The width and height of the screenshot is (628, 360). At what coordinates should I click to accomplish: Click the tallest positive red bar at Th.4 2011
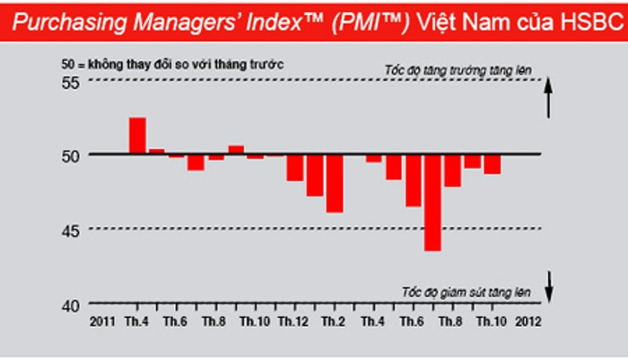coord(137,136)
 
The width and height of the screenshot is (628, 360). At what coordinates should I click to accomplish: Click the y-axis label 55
coord(71,83)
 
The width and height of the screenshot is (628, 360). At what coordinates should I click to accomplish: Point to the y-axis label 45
coord(71,230)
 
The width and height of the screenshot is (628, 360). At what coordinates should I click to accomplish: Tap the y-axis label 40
coord(71,303)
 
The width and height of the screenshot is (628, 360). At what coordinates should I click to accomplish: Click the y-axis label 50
coord(71,155)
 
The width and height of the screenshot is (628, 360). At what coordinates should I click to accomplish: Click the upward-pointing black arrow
coord(550,98)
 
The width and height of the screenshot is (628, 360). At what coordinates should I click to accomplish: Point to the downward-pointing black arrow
coord(550,285)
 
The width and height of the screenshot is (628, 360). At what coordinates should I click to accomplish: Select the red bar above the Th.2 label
coord(334,183)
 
